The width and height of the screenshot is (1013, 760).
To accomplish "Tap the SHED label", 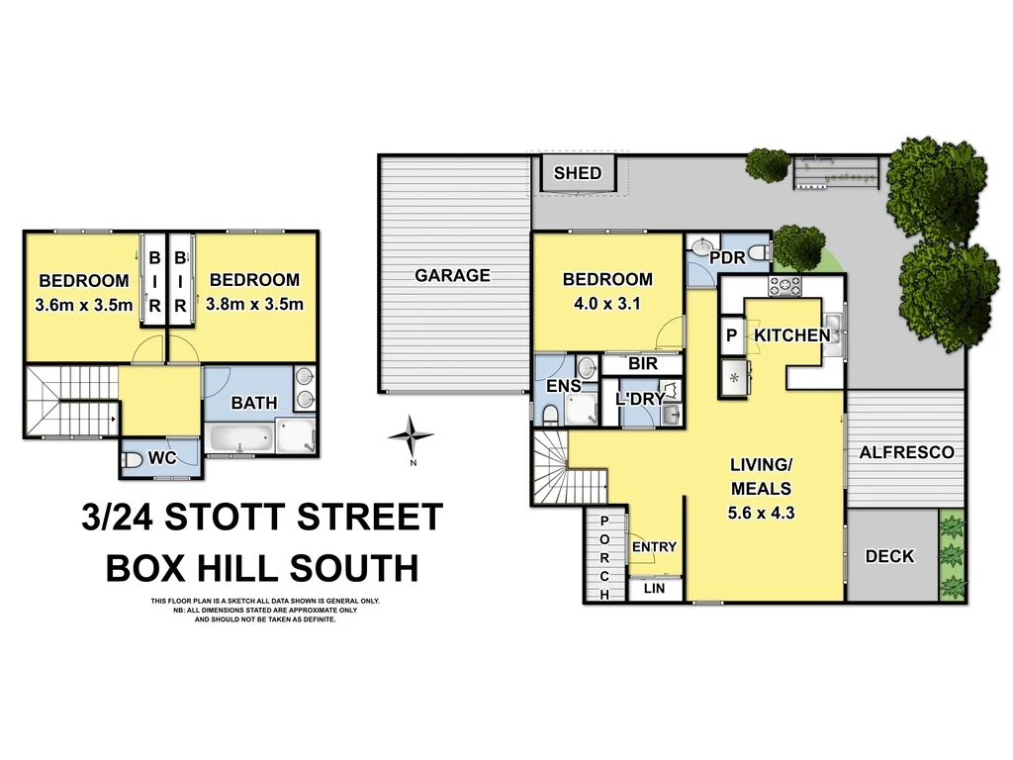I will (x=577, y=173).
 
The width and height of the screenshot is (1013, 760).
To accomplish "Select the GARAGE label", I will (x=452, y=275).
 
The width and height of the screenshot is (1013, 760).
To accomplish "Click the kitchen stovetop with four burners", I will (x=785, y=287).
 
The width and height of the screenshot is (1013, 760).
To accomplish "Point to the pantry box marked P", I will (x=732, y=335).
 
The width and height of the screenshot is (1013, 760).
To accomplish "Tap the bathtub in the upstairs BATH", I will (x=241, y=436).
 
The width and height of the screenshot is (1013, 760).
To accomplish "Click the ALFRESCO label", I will (x=906, y=452).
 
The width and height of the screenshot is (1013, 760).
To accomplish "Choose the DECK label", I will (x=889, y=556).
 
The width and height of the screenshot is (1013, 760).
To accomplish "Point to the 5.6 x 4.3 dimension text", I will (x=760, y=513).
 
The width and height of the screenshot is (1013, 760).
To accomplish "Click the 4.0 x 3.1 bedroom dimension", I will (x=607, y=304).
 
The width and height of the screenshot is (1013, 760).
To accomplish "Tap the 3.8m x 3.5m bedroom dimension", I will (x=254, y=305).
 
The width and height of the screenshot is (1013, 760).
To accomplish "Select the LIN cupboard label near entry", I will (x=654, y=589).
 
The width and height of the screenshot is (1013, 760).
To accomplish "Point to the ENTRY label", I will (x=654, y=546).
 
